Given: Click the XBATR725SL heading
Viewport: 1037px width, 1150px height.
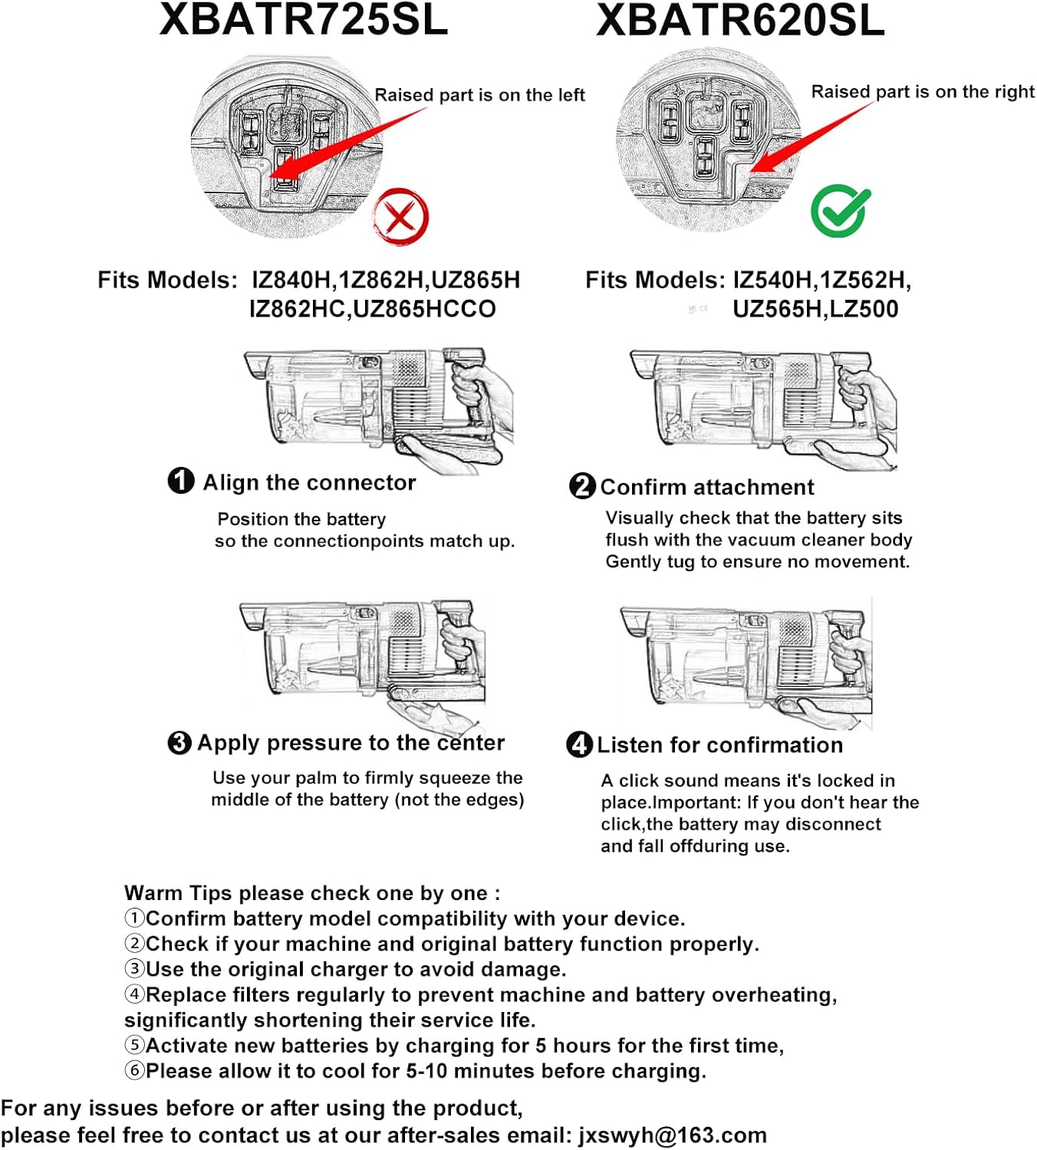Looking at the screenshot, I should coord(304,20).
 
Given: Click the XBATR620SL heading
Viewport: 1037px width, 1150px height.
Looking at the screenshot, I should coord(740,21).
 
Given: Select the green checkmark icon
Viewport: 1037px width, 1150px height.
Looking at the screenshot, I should coord(840,212).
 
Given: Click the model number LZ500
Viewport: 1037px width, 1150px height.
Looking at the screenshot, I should coord(864,309).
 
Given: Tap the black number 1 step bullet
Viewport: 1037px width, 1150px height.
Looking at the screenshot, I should coord(181,481).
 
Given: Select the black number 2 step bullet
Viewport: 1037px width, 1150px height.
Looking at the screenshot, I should coord(582,486).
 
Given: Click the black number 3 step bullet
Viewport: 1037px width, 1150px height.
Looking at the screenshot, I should coord(179,742).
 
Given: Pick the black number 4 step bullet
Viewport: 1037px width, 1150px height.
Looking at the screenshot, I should coord(579,744).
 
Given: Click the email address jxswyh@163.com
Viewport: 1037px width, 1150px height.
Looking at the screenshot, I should coord(673,1135).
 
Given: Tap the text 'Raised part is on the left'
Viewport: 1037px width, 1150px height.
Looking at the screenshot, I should coord(479,95).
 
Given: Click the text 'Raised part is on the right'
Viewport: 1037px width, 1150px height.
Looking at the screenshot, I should coord(923,92).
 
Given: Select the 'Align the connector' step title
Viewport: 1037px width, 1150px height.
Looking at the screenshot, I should coord(309,482).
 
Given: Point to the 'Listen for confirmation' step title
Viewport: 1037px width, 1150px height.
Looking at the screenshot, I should coord(719,745).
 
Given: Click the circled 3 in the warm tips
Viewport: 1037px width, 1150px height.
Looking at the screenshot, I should coord(134,969).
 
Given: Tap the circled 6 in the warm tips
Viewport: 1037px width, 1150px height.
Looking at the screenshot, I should coord(134,1071).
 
